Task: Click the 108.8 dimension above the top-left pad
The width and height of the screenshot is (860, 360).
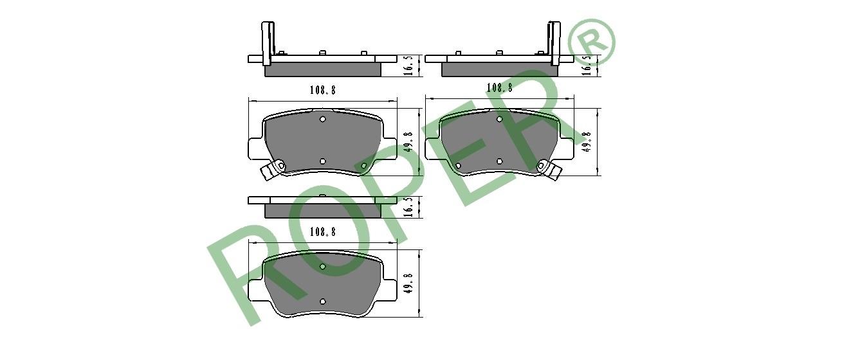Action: click(x=323, y=90)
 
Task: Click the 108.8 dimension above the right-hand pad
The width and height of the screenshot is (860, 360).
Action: click(x=500, y=88)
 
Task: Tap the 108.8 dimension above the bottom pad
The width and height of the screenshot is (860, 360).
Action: click(x=323, y=232)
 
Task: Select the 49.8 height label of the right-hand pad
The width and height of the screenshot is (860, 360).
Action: click(x=586, y=142)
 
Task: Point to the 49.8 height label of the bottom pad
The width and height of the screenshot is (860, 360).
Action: click(x=408, y=283)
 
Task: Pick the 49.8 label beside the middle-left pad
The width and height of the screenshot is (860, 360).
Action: click(x=409, y=141)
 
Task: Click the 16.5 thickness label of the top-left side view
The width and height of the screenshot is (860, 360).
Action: click(x=409, y=65)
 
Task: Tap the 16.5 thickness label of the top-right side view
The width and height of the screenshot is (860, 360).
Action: click(x=586, y=65)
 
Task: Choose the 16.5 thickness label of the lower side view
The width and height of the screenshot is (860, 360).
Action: click(x=409, y=207)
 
